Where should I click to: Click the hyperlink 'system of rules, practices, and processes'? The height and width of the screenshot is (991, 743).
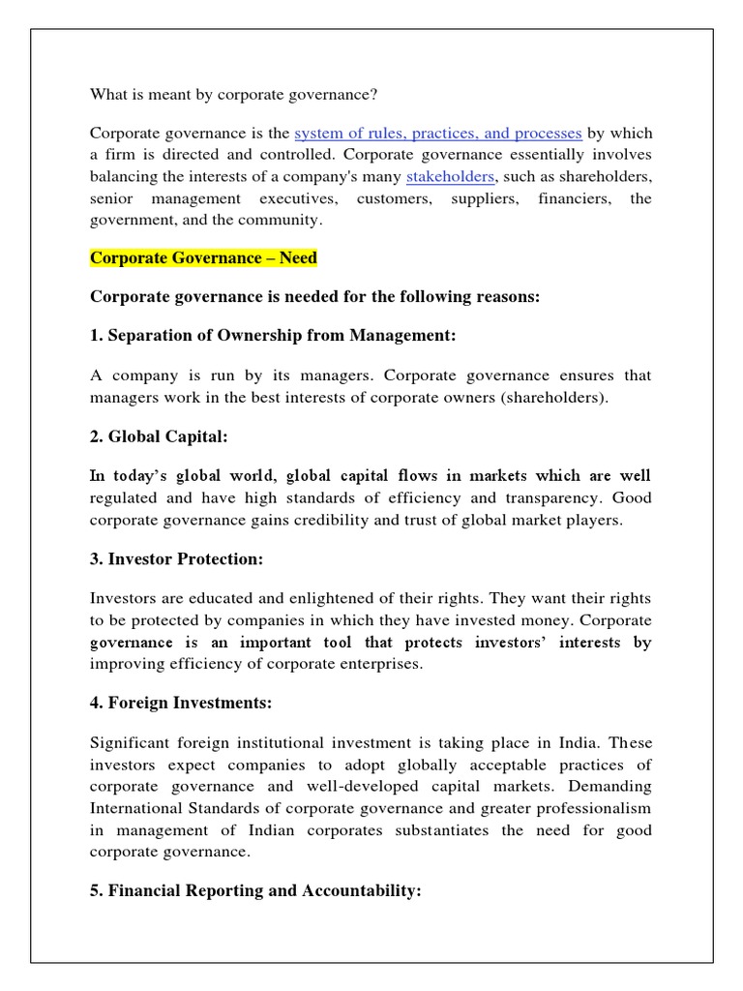[x=437, y=133]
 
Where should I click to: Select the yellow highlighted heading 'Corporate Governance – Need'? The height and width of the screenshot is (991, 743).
[x=203, y=258]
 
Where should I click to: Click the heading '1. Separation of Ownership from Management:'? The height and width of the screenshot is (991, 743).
[x=272, y=335]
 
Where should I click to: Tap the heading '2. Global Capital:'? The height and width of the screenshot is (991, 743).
[x=159, y=436]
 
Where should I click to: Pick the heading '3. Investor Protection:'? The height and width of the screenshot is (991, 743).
[x=176, y=559]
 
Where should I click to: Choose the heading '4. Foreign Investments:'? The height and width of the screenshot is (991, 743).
[x=180, y=704]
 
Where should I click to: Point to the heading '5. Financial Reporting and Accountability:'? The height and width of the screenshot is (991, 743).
[x=255, y=891]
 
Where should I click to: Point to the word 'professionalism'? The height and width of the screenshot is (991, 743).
[x=596, y=808]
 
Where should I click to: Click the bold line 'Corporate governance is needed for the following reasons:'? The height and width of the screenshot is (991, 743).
[x=314, y=297]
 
